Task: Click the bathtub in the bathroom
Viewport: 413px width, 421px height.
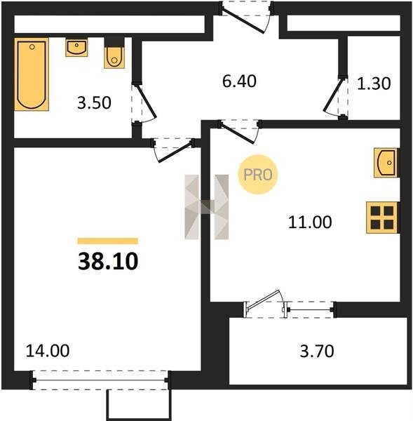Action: (32, 74)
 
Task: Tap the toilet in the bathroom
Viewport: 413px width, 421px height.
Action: (114, 56)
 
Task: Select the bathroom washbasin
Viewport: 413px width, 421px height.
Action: (76, 47)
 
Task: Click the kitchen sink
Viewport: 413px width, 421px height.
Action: (386, 163)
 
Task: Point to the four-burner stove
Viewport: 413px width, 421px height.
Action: (382, 218)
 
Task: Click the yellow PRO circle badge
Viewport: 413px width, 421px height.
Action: (258, 175)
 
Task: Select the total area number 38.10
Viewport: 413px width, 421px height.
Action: (108, 262)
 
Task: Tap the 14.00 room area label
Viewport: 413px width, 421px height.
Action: (48, 351)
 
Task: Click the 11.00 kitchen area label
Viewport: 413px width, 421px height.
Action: (310, 222)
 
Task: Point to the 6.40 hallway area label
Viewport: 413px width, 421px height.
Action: (239, 81)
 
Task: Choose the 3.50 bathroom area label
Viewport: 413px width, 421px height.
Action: (94, 103)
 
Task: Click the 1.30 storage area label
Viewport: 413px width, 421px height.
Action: (374, 83)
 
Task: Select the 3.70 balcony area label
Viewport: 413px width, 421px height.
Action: (317, 352)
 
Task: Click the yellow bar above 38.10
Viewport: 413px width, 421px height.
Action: (108, 241)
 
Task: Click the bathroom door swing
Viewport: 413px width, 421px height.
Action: (144, 103)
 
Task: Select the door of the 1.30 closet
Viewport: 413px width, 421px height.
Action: (335, 98)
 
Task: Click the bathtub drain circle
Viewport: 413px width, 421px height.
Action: (32, 47)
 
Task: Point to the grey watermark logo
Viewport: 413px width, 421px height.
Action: (207, 207)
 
